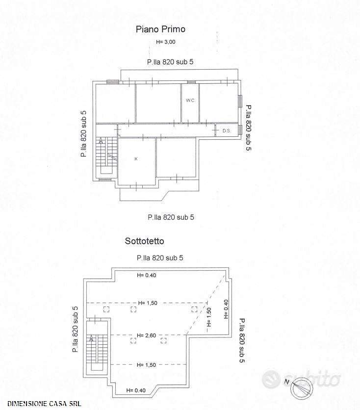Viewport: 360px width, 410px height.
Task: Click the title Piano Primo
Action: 160,29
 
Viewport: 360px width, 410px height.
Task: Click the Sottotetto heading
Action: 144,241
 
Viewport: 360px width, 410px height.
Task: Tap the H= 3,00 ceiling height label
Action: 166,42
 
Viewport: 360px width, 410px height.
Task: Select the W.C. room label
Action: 190,101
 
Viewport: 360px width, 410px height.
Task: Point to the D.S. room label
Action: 227,131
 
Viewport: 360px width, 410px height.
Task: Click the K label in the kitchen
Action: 136,159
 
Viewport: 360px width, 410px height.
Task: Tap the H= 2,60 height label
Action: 147,335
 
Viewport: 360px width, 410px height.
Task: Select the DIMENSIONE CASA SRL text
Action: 44,404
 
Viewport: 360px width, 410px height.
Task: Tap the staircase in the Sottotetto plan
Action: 97,347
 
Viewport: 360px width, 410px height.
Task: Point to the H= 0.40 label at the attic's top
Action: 147,275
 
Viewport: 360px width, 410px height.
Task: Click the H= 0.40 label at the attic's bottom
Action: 136,390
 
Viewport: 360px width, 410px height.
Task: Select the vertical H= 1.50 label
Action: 208,317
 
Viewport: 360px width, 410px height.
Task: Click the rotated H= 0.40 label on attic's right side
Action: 226,309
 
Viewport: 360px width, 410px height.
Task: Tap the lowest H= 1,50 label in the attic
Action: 147,365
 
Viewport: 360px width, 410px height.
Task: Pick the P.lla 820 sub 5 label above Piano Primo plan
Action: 170,62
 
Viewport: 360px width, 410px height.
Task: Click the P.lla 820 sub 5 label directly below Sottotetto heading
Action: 160,258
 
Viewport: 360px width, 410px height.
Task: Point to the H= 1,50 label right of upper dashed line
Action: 148,303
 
